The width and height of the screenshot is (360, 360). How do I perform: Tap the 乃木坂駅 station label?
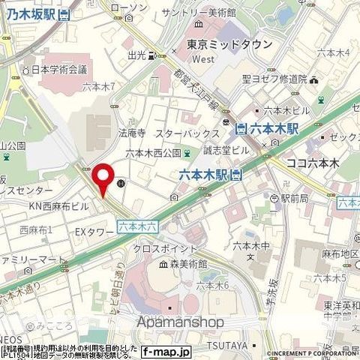[28, 14]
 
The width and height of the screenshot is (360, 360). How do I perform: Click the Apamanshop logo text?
[181, 321]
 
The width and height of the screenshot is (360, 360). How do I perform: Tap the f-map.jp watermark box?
[166, 350]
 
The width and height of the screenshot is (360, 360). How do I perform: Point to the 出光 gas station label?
[136, 55]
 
